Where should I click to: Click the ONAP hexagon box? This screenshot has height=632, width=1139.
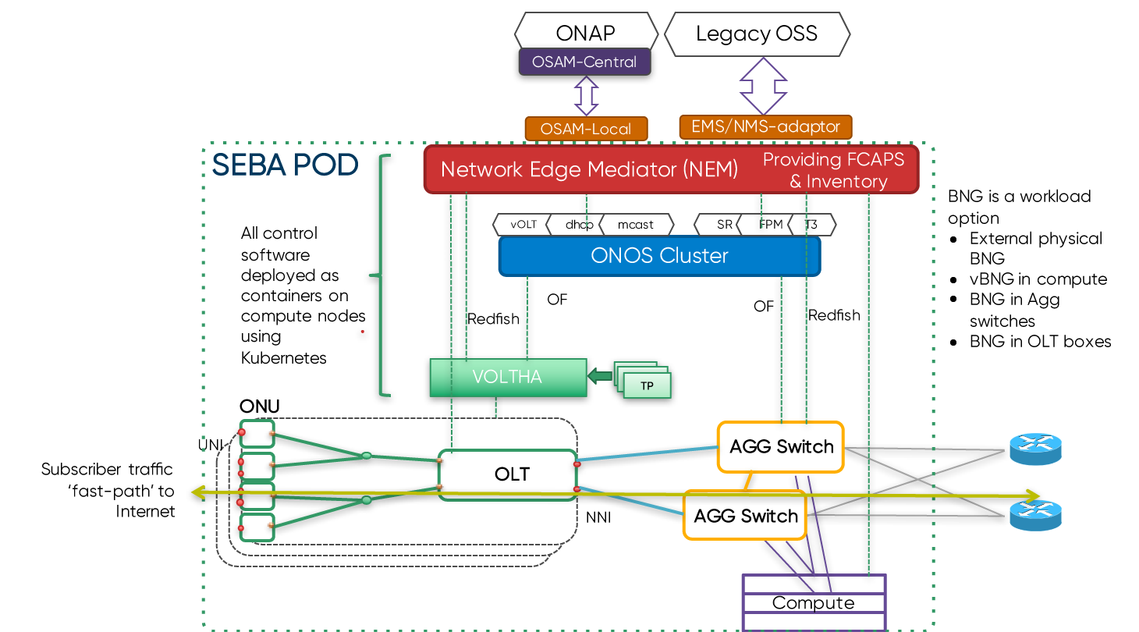(585, 33)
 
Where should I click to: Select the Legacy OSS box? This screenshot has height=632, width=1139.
(756, 34)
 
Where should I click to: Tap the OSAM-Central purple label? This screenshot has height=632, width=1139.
(584, 62)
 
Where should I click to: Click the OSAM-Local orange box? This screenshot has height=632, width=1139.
(586, 129)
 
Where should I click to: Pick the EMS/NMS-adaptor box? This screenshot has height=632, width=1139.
(765, 126)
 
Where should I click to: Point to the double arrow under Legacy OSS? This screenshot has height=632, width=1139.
(763, 86)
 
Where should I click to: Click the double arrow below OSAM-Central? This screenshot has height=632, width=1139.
(586, 96)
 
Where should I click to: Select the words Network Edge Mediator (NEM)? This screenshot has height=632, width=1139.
(589, 169)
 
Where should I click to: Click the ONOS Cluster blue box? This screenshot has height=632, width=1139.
(659, 256)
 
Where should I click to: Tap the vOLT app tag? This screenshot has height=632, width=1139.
(523, 225)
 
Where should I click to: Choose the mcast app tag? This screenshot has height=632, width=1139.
(636, 225)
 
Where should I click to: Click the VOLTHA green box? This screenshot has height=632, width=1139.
(507, 378)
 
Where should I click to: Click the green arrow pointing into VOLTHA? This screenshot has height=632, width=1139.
(599, 377)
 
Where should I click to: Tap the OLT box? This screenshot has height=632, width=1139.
(511, 474)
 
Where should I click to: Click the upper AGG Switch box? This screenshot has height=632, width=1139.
(780, 447)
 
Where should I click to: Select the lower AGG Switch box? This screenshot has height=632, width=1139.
(745, 516)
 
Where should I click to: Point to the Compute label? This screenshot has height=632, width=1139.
(813, 603)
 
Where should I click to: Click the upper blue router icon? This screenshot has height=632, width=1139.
(1035, 449)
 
